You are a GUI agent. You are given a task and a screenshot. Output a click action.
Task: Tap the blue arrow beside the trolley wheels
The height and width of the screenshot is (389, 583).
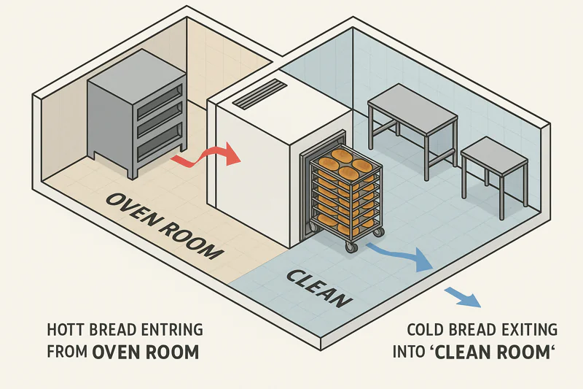pos(398,255)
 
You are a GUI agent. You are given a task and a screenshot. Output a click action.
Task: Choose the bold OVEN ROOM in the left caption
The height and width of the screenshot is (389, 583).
pos(145,352)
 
